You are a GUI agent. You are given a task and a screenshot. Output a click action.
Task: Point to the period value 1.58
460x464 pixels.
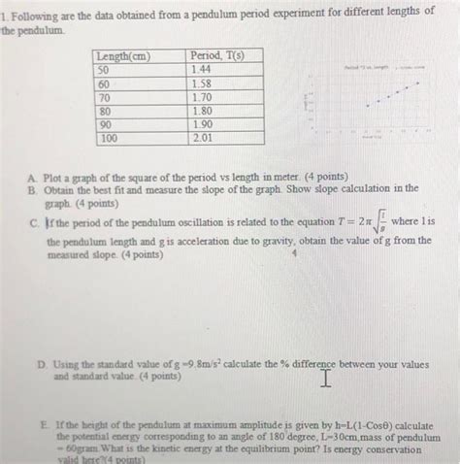click(x=202, y=84)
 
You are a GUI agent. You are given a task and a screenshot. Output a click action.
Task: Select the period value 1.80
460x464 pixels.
click(x=202, y=111)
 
